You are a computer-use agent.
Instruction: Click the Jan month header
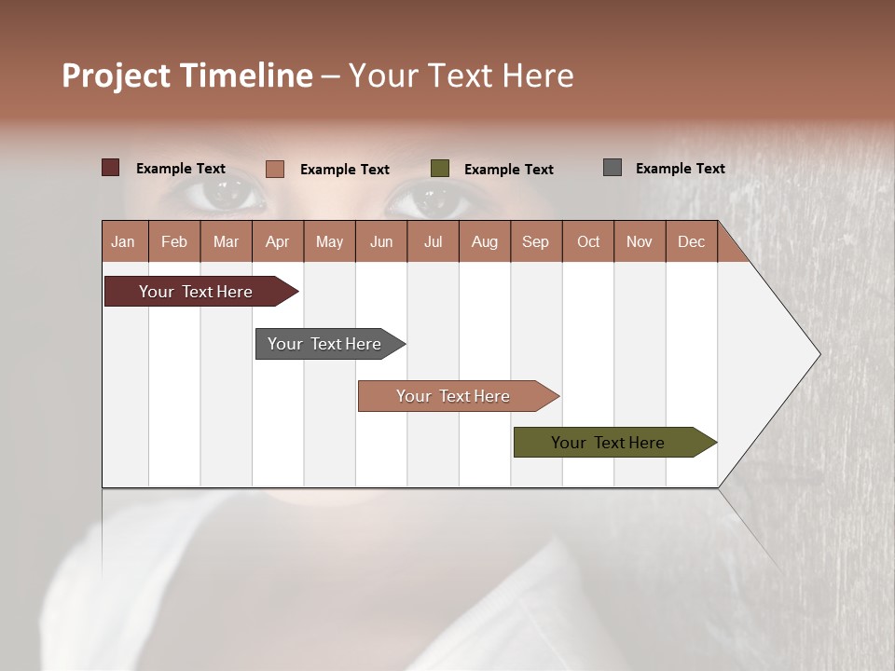click(x=124, y=241)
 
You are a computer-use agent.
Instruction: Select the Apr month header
click(x=278, y=241)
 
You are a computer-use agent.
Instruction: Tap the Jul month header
click(x=433, y=241)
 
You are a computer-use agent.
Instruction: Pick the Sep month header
click(x=536, y=241)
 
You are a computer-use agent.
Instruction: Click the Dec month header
click(x=691, y=241)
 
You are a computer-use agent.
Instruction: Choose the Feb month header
click(x=174, y=241)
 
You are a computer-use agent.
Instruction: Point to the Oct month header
click(x=588, y=241)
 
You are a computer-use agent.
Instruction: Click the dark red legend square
click(x=111, y=168)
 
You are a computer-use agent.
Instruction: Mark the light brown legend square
click(x=275, y=169)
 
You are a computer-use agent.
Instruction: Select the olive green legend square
click(x=440, y=169)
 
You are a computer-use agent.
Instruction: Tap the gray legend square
click(x=613, y=168)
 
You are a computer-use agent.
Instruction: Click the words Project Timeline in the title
click(x=186, y=75)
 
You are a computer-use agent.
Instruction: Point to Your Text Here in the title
click(x=461, y=75)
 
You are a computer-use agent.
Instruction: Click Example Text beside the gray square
click(x=680, y=169)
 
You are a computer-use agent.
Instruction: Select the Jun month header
click(x=381, y=241)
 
